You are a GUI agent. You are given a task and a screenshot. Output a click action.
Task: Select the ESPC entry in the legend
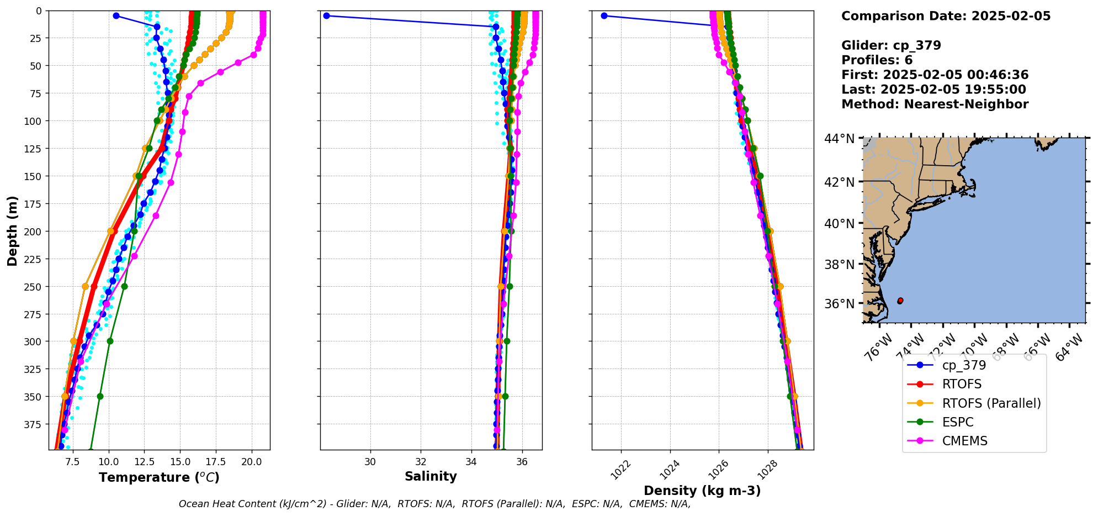coord(958,422)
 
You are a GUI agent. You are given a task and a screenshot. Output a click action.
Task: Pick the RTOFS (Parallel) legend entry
coord(991,403)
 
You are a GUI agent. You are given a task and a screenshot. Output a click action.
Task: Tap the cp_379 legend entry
coord(964,365)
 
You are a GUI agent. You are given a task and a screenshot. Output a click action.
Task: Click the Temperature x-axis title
coord(159,477)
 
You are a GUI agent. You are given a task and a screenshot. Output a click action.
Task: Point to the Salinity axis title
coord(431,477)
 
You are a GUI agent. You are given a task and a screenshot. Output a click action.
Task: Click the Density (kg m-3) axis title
coord(702,491)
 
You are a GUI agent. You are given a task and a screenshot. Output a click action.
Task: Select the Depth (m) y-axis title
coord(12,230)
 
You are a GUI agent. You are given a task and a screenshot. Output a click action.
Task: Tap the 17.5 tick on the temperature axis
coord(216,461)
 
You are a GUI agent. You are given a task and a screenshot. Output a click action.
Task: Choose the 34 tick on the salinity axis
coord(471,461)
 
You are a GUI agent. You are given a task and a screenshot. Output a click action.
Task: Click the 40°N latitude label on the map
coord(839,224)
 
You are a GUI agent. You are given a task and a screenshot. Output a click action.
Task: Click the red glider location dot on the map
coord(900,301)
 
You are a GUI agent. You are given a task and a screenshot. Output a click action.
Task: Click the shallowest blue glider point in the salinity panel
coord(326,15)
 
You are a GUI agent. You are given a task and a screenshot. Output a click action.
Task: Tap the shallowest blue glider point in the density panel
coord(604,15)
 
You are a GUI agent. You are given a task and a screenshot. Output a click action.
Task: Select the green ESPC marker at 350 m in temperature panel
coord(100,396)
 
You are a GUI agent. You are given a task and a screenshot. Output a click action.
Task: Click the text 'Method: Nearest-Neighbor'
coord(935,104)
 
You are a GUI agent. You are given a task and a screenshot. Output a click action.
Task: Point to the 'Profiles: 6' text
coord(877,60)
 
